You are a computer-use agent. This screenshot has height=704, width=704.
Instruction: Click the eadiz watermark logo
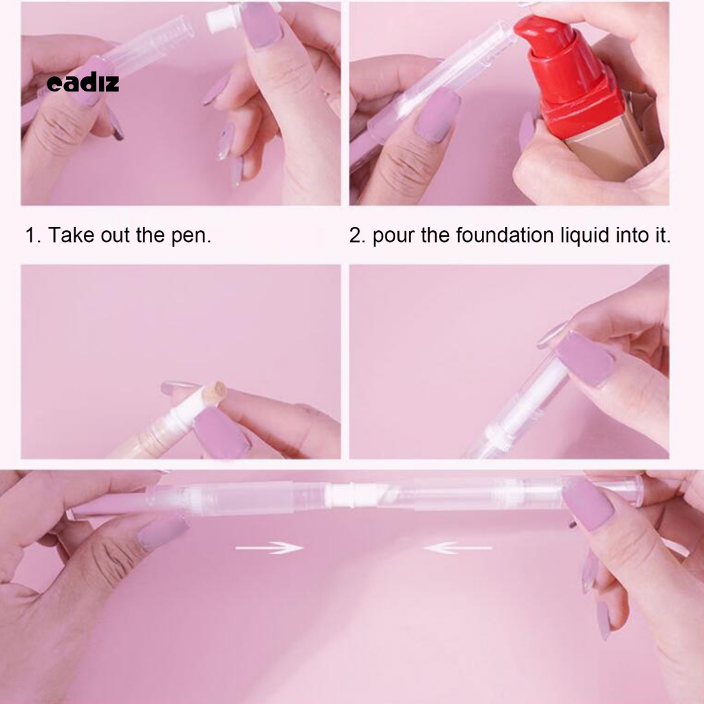tap(82, 83)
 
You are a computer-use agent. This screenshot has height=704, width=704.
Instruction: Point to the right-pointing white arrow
tap(269, 548)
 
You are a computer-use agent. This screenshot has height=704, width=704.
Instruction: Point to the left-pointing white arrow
tap(458, 548)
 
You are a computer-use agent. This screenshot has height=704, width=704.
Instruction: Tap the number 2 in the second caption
tap(355, 236)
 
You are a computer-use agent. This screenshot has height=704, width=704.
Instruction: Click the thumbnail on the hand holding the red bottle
tap(527, 131)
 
